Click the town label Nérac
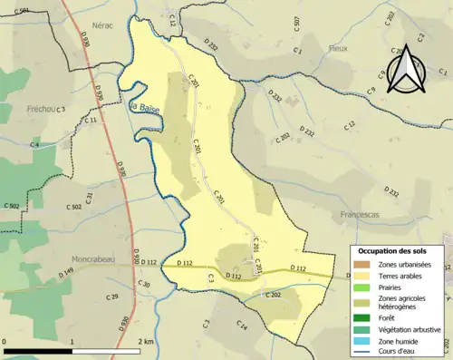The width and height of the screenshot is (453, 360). pos(102,26)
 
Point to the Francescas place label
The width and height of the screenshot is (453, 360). pos(363,215)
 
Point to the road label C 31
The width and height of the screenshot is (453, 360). pos(90,197)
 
